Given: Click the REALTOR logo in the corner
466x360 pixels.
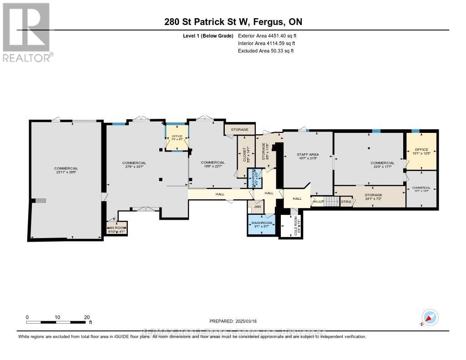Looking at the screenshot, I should (x=27, y=32).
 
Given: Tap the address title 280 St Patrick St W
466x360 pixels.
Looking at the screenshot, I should (x=230, y=22).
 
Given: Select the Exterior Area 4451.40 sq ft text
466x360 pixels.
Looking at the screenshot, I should (x=267, y=36).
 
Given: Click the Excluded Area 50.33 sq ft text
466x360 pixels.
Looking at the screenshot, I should (x=266, y=51).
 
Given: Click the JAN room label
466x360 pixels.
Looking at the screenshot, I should (x=257, y=207).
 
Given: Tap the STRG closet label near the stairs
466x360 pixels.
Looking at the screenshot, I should (x=346, y=201).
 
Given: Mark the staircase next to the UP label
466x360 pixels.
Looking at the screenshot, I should (x=331, y=201).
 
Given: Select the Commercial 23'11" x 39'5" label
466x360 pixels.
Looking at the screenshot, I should (x=66, y=171).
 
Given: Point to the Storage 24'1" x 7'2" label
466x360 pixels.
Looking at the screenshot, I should (x=373, y=197).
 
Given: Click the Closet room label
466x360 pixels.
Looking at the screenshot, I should (x=244, y=155).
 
